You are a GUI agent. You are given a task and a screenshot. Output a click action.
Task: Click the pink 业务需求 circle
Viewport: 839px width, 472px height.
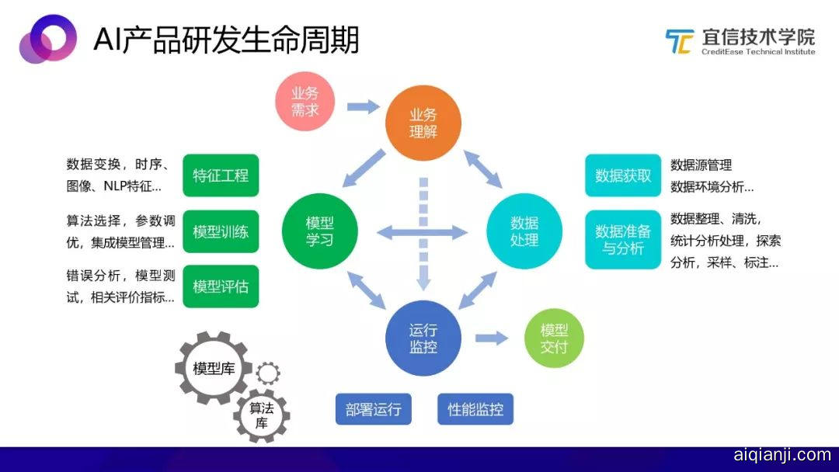(305, 102)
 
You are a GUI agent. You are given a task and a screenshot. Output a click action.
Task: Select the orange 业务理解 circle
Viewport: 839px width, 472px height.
(423, 123)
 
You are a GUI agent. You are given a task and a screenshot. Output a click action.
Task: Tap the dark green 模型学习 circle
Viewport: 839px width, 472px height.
(320, 231)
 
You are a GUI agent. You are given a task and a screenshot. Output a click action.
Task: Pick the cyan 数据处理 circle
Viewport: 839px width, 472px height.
(524, 231)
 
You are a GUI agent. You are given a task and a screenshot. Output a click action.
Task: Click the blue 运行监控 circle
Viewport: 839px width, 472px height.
(423, 338)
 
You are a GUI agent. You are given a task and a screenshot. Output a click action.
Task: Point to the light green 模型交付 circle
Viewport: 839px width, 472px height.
(554, 338)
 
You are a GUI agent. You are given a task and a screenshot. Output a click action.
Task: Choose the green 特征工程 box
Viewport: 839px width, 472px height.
(221, 175)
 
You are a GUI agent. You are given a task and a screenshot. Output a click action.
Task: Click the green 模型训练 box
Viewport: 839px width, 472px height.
(221, 231)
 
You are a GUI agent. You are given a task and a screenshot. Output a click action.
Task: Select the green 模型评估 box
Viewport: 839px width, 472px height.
(221, 286)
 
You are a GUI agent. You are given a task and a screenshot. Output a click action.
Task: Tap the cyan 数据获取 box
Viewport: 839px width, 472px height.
(623, 175)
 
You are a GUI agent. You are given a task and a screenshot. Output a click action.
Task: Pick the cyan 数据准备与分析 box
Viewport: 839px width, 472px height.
(623, 239)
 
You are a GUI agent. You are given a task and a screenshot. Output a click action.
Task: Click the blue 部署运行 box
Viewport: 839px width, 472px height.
(374, 409)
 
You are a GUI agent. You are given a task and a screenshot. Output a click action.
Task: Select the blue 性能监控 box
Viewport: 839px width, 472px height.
(475, 409)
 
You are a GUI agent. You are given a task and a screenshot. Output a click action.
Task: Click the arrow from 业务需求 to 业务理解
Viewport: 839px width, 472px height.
(364, 107)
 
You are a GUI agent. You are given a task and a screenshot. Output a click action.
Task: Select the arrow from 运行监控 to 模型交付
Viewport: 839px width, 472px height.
(492, 338)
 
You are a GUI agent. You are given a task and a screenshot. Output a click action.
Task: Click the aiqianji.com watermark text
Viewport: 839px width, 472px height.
(782, 455)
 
